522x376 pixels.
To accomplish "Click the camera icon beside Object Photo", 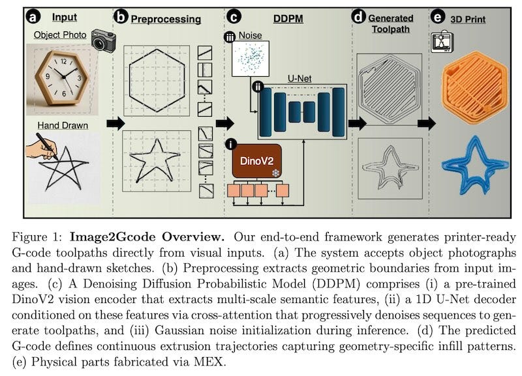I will (103, 40).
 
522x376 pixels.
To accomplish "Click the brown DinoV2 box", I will (258, 161).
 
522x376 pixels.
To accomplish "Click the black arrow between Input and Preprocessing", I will (115, 123).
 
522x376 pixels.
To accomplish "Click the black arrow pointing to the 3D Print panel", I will (426, 123).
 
